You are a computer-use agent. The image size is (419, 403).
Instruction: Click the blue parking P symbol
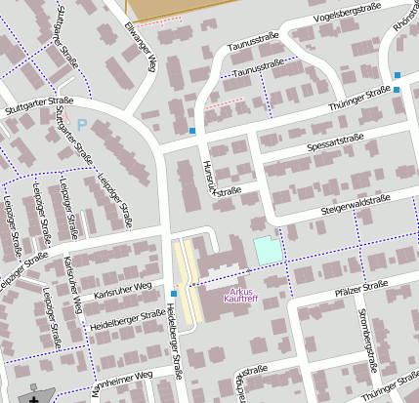coord(82,124)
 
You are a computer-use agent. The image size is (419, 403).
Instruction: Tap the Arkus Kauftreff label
coord(242,296)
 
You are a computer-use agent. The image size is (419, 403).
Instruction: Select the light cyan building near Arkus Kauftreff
coord(266,249)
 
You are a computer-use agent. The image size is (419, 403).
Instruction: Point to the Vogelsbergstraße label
coord(347,14)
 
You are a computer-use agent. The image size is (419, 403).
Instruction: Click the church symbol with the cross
coord(37,396)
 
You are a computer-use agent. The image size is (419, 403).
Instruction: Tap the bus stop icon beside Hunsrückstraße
coord(192,130)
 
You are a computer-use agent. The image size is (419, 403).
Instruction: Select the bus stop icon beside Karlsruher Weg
coord(173,292)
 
